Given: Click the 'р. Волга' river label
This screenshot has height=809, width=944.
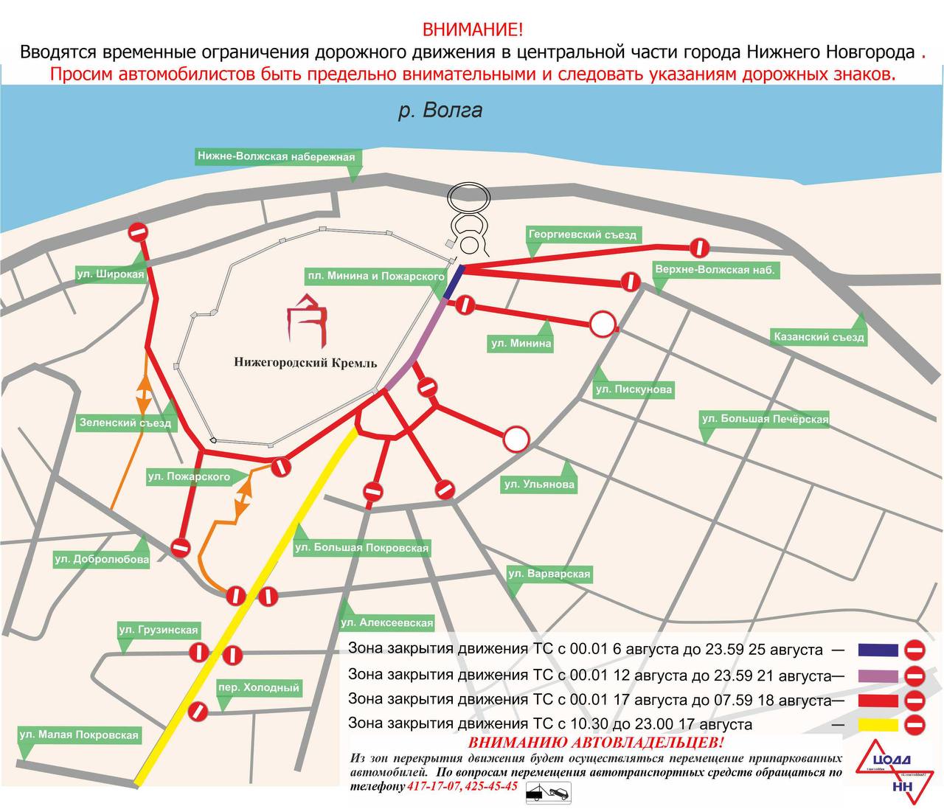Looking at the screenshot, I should [x=440, y=111].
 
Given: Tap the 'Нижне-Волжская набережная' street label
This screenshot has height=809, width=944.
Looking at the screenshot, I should [x=276, y=156].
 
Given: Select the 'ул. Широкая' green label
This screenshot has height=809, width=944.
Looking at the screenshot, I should [x=110, y=274].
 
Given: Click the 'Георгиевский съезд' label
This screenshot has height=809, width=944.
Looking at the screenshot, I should [x=582, y=235].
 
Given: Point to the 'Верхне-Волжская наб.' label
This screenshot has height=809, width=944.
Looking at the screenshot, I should [x=715, y=270].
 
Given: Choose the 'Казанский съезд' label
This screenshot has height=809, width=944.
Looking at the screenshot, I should [x=818, y=337].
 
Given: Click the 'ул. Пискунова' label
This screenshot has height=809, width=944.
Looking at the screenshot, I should [x=634, y=389].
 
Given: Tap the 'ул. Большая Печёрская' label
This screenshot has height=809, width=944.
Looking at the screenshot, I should [x=765, y=420].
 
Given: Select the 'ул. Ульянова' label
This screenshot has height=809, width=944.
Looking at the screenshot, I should [x=538, y=485].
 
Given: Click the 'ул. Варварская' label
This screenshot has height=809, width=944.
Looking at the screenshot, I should [x=549, y=574].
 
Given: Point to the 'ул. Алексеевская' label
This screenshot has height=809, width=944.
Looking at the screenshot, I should [x=386, y=622].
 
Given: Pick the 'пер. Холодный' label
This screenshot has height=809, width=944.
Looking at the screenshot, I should [x=258, y=688].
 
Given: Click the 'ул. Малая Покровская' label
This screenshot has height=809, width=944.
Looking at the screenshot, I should [x=79, y=735].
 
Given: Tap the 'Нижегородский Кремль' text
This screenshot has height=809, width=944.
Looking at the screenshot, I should [x=305, y=363].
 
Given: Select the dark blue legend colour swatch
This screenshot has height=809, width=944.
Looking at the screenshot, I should [x=878, y=650].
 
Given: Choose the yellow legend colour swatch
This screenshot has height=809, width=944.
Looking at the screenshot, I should [x=878, y=725].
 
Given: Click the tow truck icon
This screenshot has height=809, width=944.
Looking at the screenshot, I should [x=547, y=793].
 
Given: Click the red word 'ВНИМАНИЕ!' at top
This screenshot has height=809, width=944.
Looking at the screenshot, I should [x=472, y=30].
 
